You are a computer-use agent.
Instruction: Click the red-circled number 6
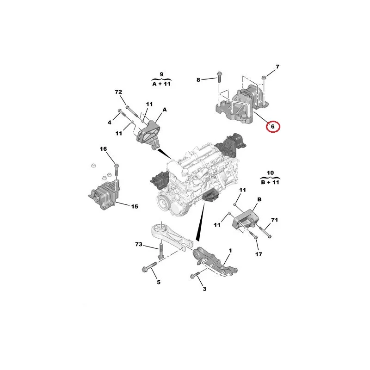click(x=272, y=126)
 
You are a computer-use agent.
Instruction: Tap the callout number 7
click(x=277, y=67)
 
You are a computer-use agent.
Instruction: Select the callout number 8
click(x=198, y=80)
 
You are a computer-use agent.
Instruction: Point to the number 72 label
click(x=118, y=92)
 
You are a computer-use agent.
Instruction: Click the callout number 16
click(x=103, y=149)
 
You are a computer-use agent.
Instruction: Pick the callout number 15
click(x=135, y=206)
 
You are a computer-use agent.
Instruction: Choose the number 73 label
click(x=139, y=244)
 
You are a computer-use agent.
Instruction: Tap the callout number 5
click(x=159, y=282)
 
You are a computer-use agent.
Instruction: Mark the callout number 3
click(x=204, y=289)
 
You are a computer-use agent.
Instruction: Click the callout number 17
click(x=259, y=254)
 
